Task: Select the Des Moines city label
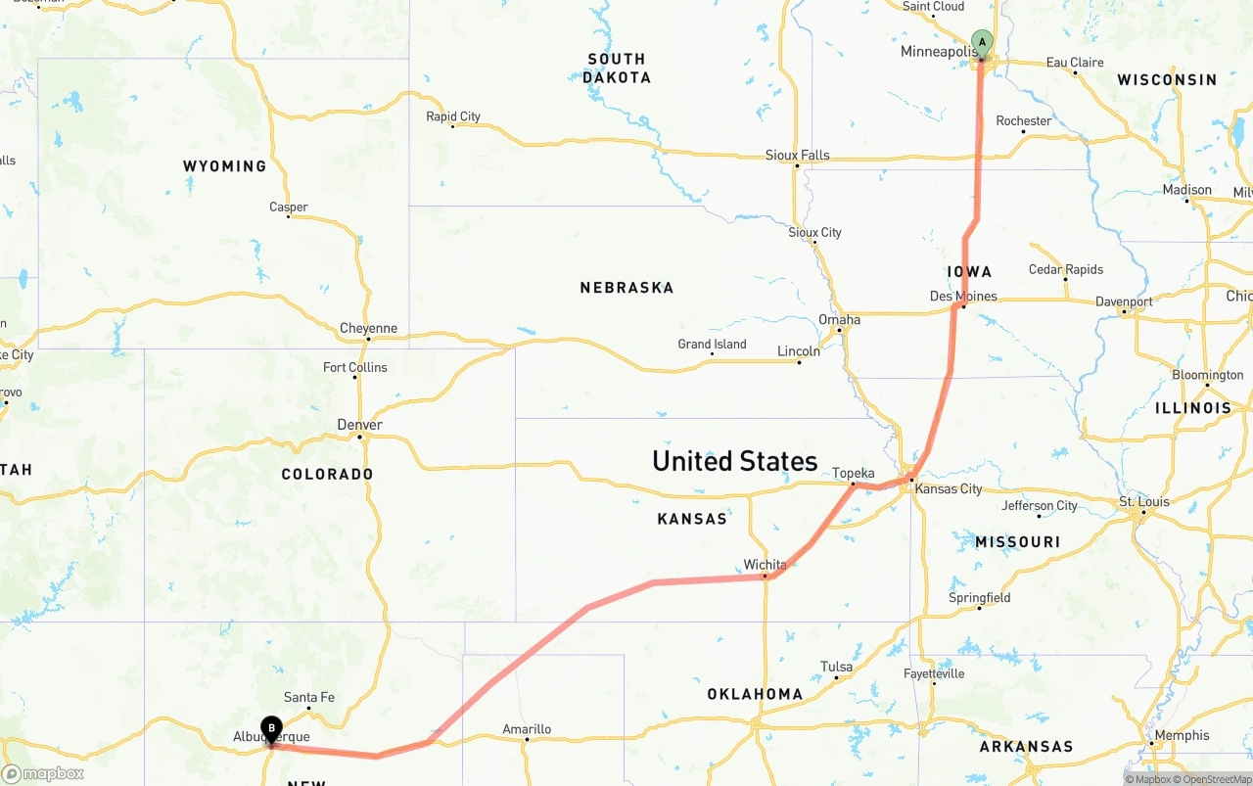tap(963, 296)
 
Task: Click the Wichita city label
tap(765, 565)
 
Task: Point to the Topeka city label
tap(853, 474)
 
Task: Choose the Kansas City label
tap(949, 488)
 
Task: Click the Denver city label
tap(359, 425)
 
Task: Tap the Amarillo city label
tap(527, 729)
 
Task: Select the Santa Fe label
tap(309, 697)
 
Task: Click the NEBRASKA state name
tap(626, 288)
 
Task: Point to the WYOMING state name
tap(224, 166)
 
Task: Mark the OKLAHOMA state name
tap(755, 694)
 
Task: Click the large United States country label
tap(734, 461)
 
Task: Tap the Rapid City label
tap(453, 116)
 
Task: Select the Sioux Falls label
tap(797, 155)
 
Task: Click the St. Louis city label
tap(1144, 502)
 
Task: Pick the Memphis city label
tap(1182, 735)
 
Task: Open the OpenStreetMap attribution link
tap(1216, 779)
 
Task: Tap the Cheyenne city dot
tap(368, 340)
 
